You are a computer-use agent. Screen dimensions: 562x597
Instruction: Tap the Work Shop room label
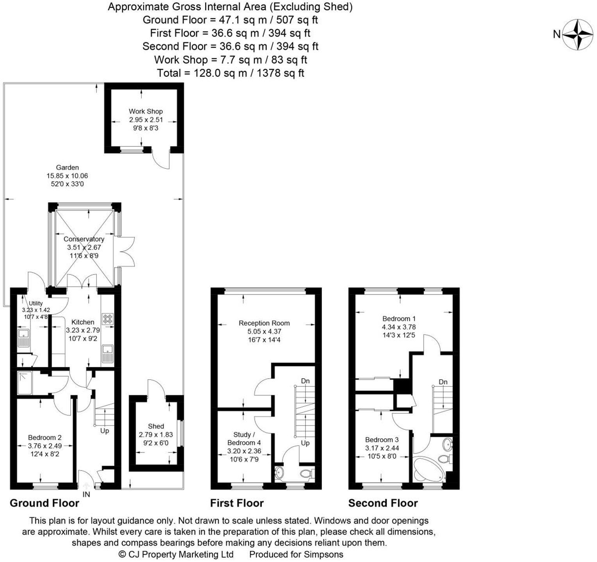146,111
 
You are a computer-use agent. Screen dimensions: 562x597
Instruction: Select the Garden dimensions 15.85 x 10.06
67,176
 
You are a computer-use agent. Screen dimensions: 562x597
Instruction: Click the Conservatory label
84,239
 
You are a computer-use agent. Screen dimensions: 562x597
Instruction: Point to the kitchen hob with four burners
107,318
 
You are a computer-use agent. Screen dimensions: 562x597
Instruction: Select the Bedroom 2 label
45,438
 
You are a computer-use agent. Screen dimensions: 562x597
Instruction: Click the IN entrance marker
86,494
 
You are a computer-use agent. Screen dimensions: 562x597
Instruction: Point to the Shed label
156,426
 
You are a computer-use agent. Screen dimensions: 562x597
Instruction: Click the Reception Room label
264,323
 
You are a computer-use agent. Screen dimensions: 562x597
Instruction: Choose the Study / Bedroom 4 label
244,438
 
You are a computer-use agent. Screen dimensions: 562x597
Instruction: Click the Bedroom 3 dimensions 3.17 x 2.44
382,448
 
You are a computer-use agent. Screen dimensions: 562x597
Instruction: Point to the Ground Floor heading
44,503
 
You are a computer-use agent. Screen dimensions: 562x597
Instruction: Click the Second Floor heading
383,503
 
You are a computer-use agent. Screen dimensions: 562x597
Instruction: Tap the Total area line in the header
230,73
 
